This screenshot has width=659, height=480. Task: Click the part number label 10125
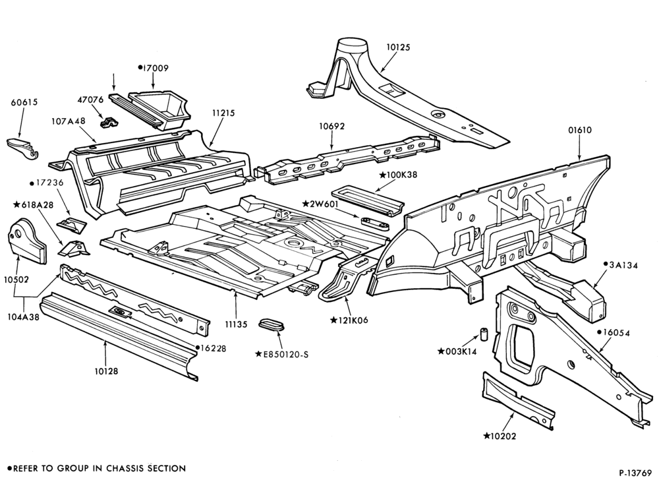tap(398, 47)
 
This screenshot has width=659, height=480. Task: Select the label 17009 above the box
tap(156, 68)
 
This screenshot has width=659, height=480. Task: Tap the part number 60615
tap(24, 102)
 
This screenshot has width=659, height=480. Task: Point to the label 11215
tap(223, 113)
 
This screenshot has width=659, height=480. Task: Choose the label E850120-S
tap(282, 355)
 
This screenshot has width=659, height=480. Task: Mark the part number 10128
tap(106, 371)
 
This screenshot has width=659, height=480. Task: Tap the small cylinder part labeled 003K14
tap(484, 334)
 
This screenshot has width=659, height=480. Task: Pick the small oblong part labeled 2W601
tap(374, 223)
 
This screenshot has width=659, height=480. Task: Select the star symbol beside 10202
tap(487, 436)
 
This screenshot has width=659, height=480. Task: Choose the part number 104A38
tap(23, 317)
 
